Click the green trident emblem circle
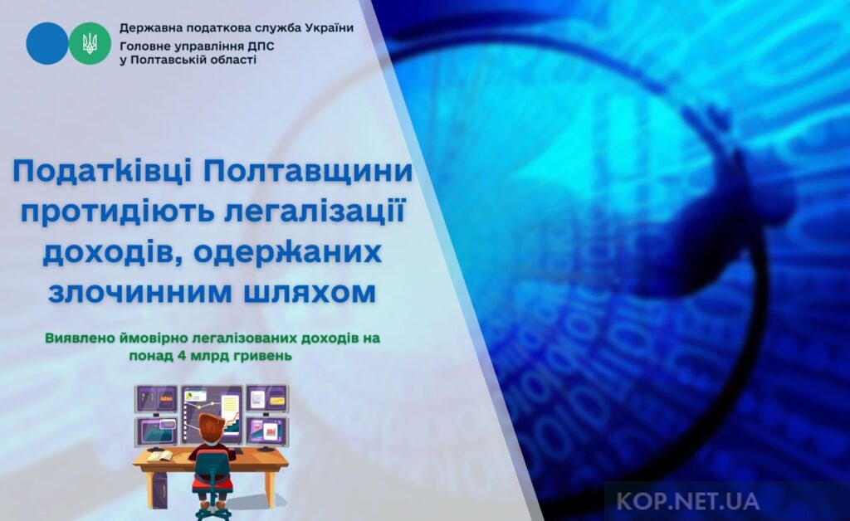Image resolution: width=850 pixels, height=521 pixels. (x=90, y=43)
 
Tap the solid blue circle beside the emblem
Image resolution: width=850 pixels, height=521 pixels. (x=47, y=43)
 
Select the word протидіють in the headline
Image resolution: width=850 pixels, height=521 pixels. (x=115, y=213)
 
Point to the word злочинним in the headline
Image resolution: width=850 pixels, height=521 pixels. (x=135, y=293)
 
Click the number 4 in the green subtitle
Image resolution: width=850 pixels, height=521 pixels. (x=173, y=356)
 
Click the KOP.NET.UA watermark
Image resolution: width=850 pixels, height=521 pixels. (x=687, y=501)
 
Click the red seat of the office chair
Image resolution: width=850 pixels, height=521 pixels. (x=212, y=483)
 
